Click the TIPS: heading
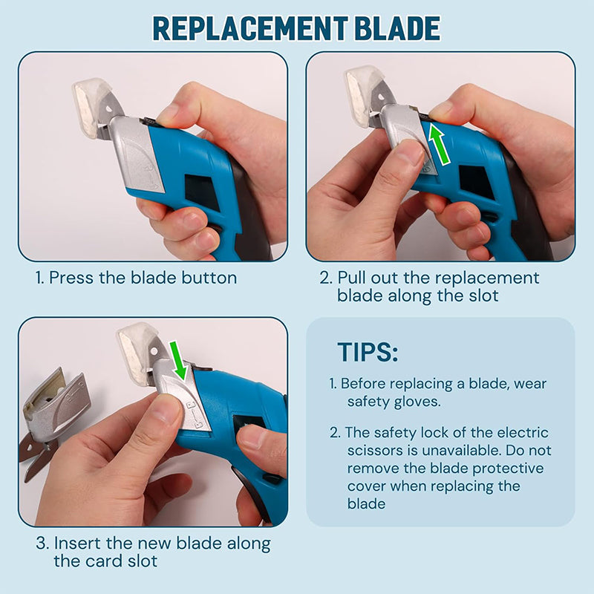(x=368, y=352)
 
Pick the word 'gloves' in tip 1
(x=422, y=402)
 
